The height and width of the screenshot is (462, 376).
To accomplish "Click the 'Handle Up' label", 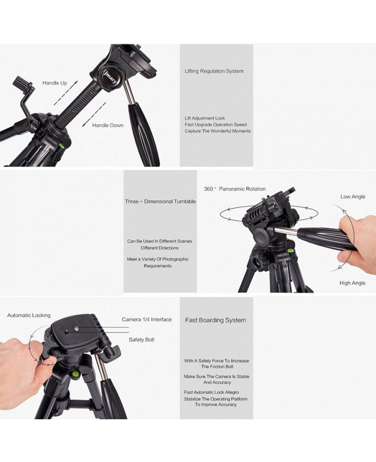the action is [x=55, y=83].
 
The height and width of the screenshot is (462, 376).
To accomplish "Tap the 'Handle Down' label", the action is [x=108, y=125].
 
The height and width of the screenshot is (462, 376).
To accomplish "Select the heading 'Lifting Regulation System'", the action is [x=214, y=71].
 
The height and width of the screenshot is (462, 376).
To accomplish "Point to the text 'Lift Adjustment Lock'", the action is [x=205, y=118].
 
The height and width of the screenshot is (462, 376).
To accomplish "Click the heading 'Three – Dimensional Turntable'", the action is [x=160, y=202].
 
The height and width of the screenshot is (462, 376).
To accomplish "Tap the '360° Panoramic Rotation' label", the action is [x=235, y=189].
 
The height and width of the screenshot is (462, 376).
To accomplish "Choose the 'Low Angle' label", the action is [x=353, y=196].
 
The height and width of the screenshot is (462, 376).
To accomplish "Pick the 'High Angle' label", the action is [x=352, y=283].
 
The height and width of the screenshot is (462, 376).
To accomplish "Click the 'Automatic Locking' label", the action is [x=29, y=315].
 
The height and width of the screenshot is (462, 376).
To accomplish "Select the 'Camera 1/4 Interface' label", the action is [x=147, y=319].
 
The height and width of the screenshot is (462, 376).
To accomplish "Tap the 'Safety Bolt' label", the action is [x=141, y=340].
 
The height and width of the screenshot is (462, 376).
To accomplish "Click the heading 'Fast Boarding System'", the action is [x=216, y=321].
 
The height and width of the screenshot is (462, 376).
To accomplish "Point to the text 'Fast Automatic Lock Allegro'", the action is [x=212, y=392].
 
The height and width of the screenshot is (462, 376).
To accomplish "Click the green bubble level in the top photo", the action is [x=62, y=145].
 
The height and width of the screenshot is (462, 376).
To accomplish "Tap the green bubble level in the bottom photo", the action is [x=75, y=374].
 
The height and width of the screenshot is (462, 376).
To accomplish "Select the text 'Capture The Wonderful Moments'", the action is [x=218, y=131].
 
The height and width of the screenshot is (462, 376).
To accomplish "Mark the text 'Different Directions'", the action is [x=160, y=248].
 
